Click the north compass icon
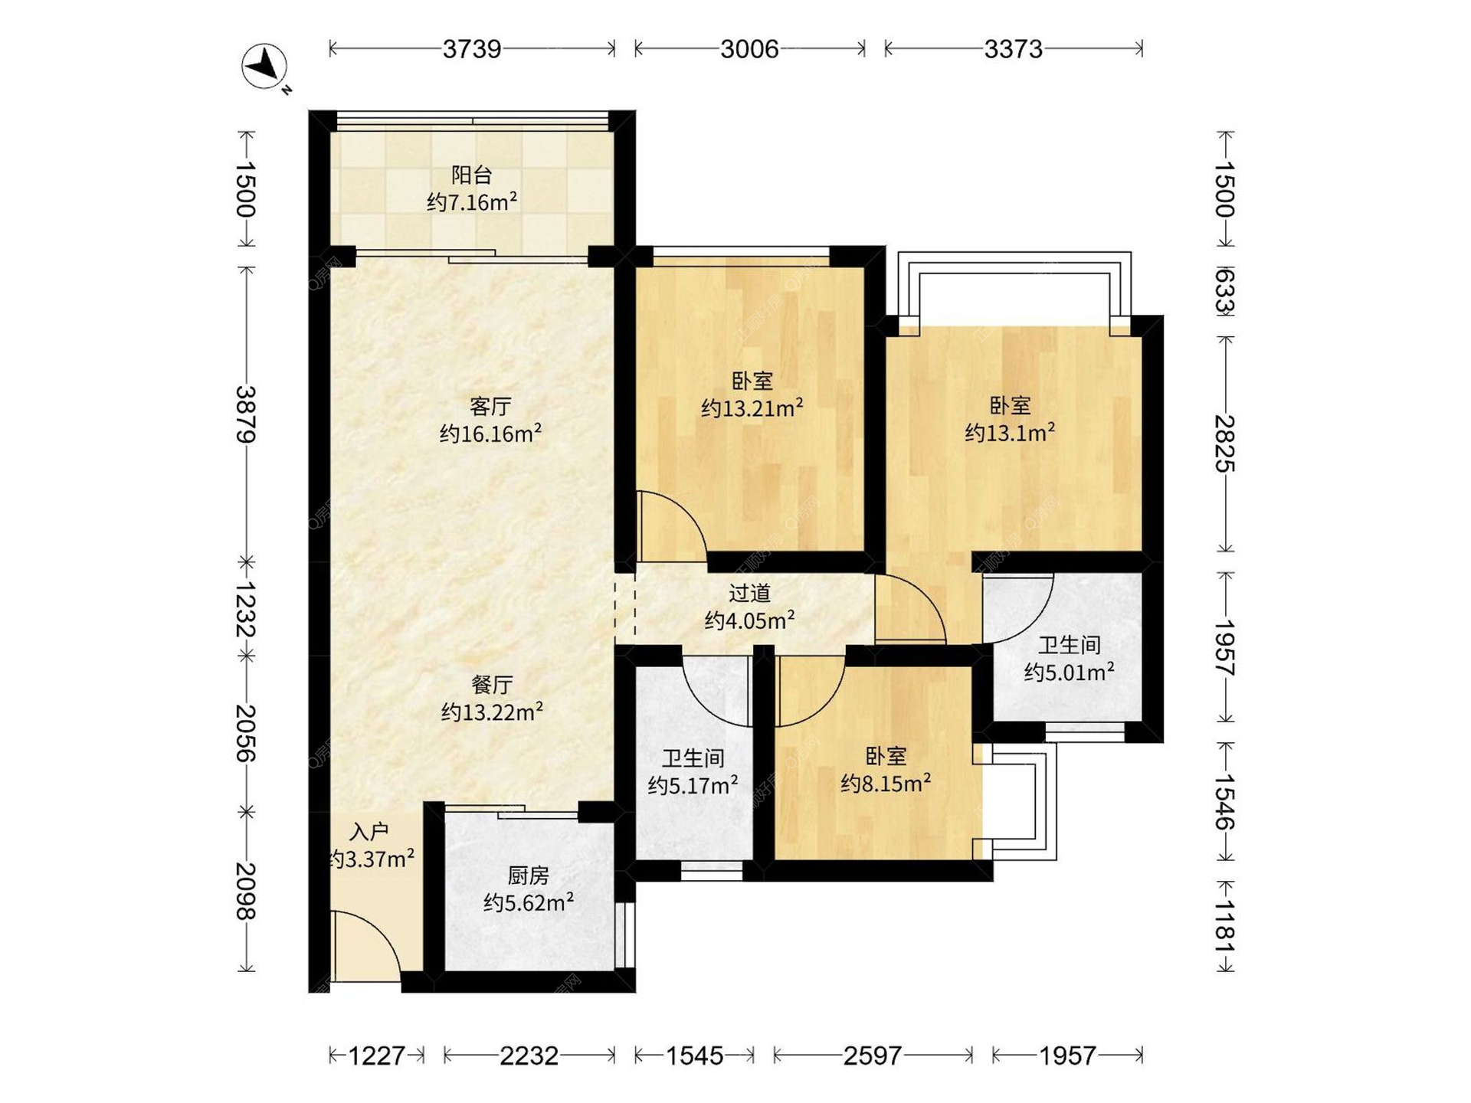coord(265,67)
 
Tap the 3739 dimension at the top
coord(472,49)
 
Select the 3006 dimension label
coord(749,49)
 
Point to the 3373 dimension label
coord(1013,49)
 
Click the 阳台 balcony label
coord(471,175)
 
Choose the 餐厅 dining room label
coord(492,684)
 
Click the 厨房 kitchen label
coord(529,875)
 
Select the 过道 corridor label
coord(749,593)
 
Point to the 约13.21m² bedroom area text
coord(752,407)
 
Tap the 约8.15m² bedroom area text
coord(886,782)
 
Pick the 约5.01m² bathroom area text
coord(1069,671)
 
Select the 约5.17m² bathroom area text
coord(693,784)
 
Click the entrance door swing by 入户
coord(366,947)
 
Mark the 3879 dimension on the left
coord(246,414)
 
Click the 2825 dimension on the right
coord(1225,443)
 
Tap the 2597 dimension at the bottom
coord(873,1056)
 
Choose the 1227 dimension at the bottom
coord(377,1056)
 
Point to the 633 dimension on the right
coord(1225,291)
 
